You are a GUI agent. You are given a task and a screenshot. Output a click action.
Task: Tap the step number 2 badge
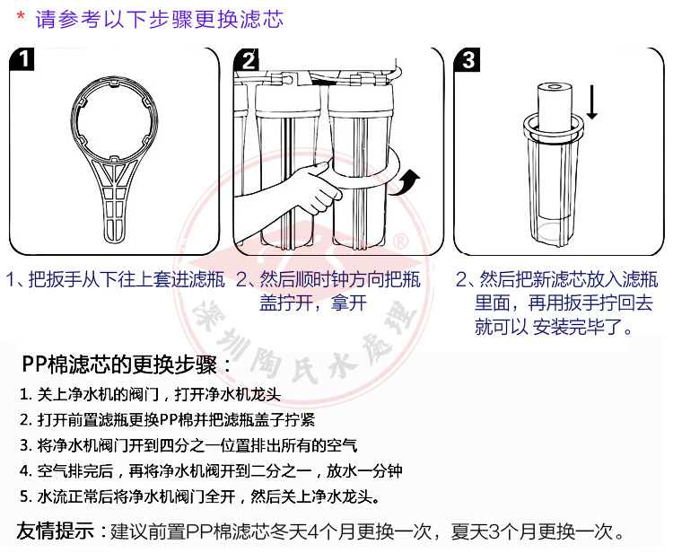pos(249,60)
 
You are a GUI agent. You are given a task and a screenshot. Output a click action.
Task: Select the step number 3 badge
pos(469,60)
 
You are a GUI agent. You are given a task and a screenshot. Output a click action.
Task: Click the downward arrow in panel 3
pos(592,103)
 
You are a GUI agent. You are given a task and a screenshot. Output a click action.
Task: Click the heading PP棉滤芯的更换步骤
pos(127,365)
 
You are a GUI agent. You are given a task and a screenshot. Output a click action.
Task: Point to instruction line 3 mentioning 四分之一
pos(188,444)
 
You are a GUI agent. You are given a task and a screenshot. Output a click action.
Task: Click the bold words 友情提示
pos(54,530)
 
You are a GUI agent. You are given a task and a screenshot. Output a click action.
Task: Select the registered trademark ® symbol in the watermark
pos(402,241)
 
